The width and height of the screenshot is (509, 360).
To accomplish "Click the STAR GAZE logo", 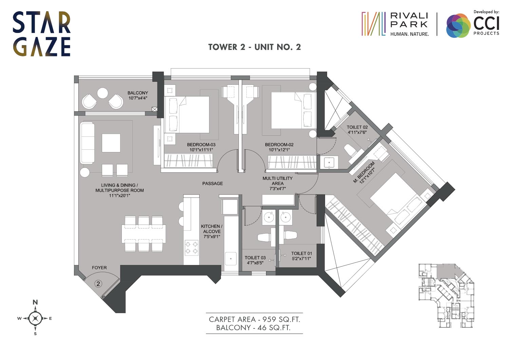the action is point(42,34).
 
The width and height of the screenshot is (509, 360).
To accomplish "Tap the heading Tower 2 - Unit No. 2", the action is point(254,47).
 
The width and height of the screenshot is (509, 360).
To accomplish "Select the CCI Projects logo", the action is point(473,24).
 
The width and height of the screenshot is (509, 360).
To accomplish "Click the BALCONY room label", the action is point(138,93).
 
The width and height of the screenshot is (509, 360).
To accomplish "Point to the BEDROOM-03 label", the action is point(201,145).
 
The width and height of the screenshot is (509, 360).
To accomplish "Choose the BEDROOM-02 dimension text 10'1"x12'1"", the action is point(279,150).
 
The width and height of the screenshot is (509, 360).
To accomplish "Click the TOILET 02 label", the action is point(357,127).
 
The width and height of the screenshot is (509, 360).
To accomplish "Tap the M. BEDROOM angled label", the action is point(364,172).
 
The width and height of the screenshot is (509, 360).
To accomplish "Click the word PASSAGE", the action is point(212,184).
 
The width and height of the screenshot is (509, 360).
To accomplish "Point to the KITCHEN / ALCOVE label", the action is point(211,229).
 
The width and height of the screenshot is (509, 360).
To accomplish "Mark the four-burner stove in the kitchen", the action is point(191,248).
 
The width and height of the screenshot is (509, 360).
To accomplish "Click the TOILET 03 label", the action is point(255,258).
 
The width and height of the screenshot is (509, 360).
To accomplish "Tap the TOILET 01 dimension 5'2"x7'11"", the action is point(301,259).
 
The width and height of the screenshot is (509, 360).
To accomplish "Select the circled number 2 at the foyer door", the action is point(98,284).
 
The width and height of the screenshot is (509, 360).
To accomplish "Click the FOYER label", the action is point(99,268).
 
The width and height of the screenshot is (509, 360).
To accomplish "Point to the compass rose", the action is point(35,318).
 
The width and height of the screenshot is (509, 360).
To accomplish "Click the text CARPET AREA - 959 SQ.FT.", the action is point(254,319).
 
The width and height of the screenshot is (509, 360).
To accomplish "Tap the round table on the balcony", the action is point(102,93).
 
